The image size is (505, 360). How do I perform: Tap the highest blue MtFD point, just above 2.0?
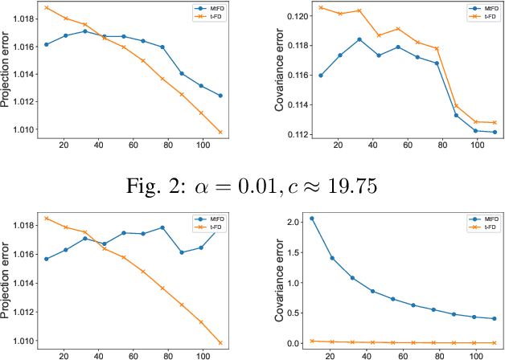click(x=312, y=219)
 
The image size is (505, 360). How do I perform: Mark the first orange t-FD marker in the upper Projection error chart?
click(x=46, y=7)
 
